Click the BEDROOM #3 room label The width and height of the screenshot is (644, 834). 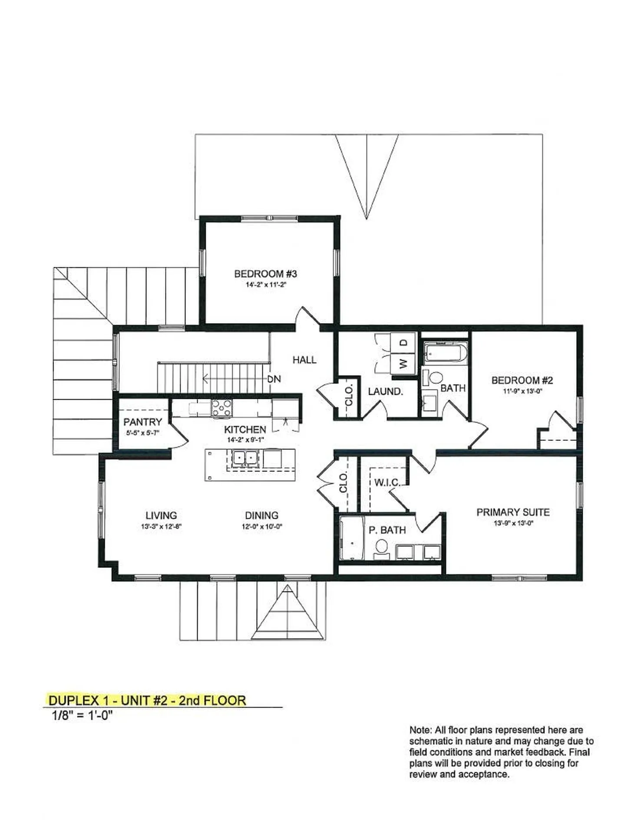click(265, 274)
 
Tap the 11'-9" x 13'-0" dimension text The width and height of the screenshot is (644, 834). click(522, 391)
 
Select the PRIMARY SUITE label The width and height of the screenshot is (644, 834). click(513, 512)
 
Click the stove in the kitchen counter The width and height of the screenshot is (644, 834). click(221, 409)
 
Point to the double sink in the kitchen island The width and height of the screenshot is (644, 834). click(244, 458)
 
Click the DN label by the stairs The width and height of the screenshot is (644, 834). click(274, 379)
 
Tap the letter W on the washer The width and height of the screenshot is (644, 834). click(403, 362)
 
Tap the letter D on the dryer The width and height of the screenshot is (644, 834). click(403, 342)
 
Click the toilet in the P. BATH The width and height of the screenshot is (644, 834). click(382, 546)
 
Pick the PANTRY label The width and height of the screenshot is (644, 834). click(142, 422)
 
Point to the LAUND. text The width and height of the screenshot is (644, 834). click(386, 392)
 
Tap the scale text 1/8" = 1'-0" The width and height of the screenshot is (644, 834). click(83, 715)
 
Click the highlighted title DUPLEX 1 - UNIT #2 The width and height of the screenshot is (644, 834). click(147, 701)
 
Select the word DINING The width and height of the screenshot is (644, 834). click(261, 516)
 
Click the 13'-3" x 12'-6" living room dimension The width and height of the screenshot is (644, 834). click(161, 526)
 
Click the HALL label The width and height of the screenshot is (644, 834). click(304, 360)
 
